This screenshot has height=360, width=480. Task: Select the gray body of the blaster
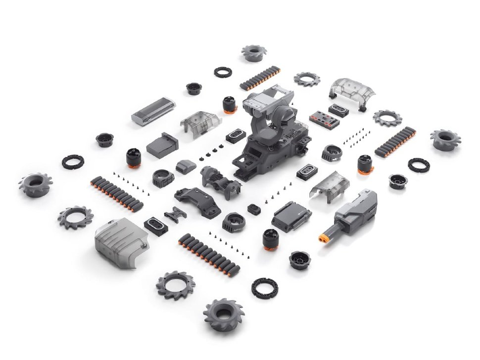coord(358,210)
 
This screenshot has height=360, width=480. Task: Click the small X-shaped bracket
coord(175,214)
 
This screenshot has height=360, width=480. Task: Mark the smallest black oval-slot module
coord(254,208)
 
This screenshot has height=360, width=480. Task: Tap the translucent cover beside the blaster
coord(329,184)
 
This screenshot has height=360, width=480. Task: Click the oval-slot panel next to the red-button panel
coord(338,111)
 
